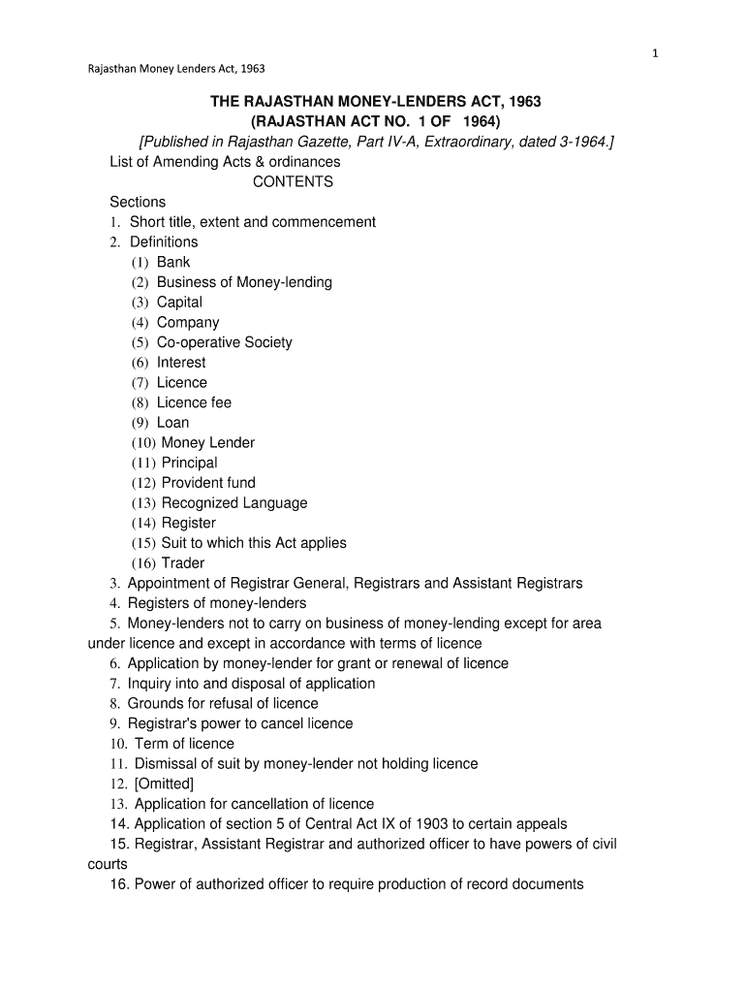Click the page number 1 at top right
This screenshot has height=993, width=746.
(655, 53)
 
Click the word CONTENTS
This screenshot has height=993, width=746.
(293, 181)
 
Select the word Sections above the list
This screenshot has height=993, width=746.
(138, 202)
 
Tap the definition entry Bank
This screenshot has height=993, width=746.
(173, 262)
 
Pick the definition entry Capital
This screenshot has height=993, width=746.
(179, 302)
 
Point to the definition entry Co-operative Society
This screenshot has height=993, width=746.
(224, 342)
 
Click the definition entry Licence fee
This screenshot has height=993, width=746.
(194, 402)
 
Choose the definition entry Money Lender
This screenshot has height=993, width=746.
(207, 442)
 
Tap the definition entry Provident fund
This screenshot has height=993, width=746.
(208, 483)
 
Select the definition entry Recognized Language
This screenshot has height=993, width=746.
(234, 503)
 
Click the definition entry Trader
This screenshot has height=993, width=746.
(183, 563)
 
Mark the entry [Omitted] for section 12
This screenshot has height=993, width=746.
(164, 784)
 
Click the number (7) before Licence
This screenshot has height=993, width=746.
(141, 383)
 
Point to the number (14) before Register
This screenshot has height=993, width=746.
(144, 524)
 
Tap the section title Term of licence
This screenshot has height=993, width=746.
(184, 744)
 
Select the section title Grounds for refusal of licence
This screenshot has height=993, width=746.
(223, 703)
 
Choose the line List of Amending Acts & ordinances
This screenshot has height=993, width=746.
(225, 161)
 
